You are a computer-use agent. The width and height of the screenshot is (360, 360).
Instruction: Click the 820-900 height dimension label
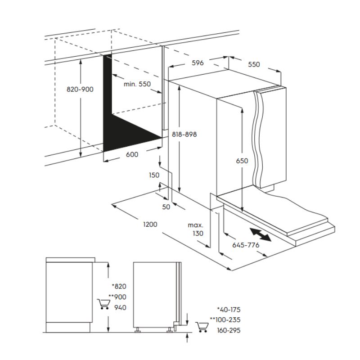80,89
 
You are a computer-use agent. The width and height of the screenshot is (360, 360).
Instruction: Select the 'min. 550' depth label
137,84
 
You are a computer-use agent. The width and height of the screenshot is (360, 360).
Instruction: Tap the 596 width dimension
198,63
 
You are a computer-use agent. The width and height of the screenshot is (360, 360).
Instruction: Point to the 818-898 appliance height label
184,134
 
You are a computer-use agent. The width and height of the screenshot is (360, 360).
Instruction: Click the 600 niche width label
132,154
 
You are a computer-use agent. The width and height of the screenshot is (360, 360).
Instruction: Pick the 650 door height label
242,161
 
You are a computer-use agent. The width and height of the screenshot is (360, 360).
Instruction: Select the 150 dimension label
154,175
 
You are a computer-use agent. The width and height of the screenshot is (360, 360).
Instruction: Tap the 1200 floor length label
150,224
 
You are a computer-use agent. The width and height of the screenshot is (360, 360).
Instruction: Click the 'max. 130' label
196,229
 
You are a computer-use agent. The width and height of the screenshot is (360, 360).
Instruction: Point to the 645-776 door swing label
246,245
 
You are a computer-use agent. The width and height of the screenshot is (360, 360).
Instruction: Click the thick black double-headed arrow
261,234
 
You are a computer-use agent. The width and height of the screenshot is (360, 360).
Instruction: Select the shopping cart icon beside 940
104,304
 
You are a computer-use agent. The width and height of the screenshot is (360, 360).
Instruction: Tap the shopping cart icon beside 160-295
202,327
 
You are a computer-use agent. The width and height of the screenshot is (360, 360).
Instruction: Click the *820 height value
119,286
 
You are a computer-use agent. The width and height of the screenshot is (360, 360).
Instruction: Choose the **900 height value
117,297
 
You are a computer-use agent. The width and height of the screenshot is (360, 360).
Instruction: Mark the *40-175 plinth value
229,310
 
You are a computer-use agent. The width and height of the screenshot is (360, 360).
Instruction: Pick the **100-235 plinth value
225,319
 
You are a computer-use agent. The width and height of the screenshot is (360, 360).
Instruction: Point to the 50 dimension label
166,207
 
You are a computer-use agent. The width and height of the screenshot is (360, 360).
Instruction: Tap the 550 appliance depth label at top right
254,64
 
